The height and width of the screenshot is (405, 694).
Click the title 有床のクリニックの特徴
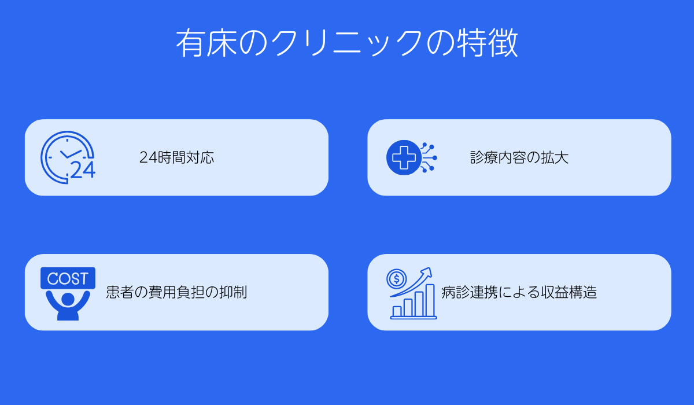point(347,44)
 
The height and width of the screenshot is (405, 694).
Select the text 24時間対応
point(177,157)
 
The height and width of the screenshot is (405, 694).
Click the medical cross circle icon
point(404,157)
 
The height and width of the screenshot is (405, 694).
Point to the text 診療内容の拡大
point(519,157)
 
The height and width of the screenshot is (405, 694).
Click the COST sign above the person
point(68,278)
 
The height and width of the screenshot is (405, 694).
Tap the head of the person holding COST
point(68,299)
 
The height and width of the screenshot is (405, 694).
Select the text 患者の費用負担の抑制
point(176,292)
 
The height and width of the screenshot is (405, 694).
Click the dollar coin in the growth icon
point(397,279)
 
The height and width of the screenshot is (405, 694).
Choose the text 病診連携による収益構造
point(519,292)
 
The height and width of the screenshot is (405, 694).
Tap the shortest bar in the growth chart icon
point(397,311)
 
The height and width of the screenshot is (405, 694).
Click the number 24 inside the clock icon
point(82,170)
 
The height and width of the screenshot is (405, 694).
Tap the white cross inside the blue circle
point(403,157)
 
